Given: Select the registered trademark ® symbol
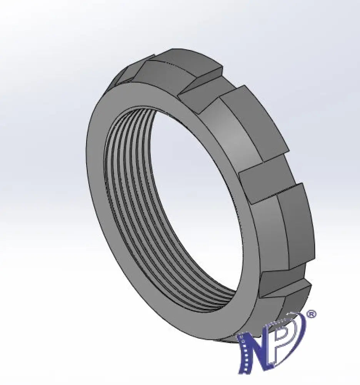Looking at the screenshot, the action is point(312,314).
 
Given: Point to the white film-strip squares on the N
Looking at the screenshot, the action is point(243,353).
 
